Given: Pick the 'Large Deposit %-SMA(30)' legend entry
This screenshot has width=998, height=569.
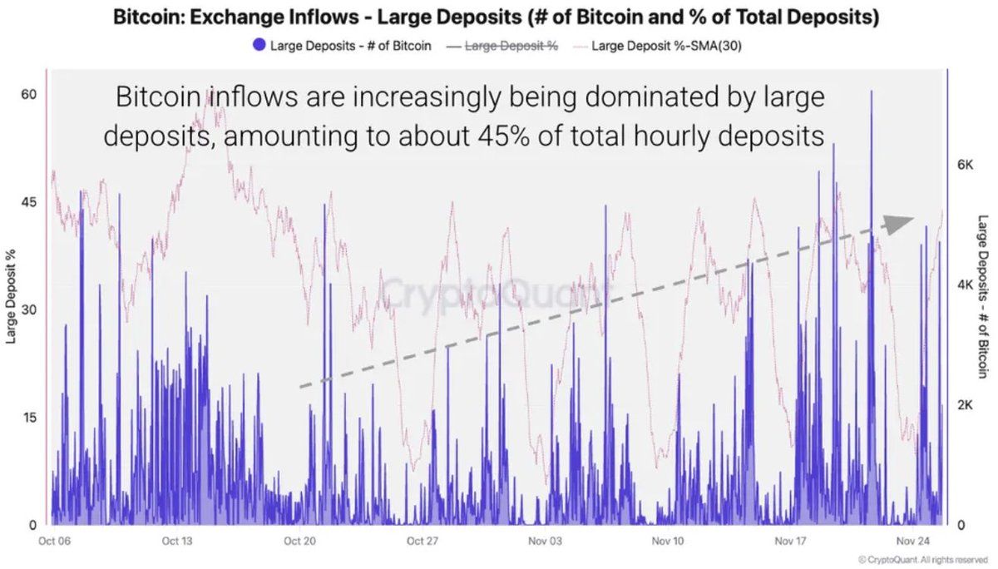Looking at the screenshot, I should coord(665,45).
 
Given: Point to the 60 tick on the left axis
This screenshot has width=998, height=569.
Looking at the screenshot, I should coord(28,94).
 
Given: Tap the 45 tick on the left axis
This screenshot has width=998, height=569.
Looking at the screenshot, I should coord(28,201).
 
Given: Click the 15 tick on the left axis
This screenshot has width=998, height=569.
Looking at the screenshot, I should coord(28,417).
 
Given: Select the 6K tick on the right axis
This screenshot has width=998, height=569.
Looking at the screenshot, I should coord(965,165).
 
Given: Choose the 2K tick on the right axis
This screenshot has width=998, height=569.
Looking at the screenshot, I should coord(965,405).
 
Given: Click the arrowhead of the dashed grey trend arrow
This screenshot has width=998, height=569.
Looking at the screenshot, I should coord(898,223).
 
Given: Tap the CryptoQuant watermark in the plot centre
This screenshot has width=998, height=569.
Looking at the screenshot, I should coord(496,293).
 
